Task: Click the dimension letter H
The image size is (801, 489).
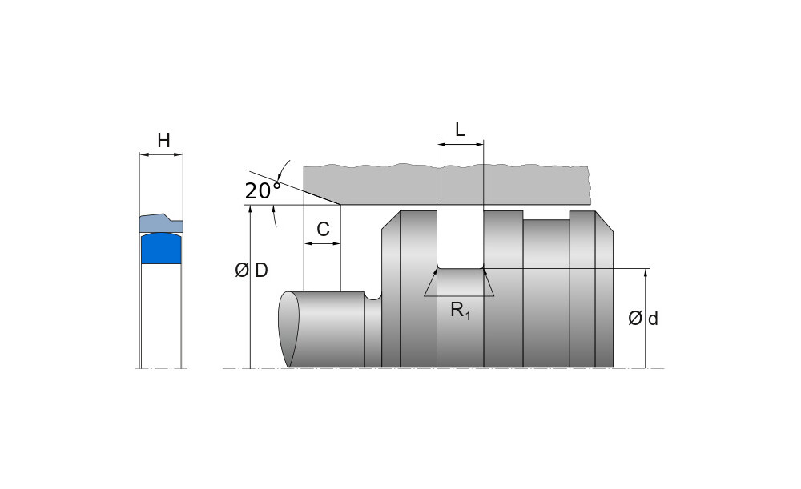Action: [163, 141]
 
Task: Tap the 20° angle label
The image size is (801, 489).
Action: [262, 190]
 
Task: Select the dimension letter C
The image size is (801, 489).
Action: [323, 230]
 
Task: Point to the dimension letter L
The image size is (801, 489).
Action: [460, 130]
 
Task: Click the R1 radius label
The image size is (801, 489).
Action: [461, 311]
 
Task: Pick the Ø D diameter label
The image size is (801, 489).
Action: [252, 271]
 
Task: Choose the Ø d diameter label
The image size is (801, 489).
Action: [643, 319]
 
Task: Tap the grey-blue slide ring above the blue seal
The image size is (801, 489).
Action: [162, 222]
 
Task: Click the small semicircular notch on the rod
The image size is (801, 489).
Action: [372, 296]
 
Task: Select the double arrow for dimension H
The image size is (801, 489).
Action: [162, 154]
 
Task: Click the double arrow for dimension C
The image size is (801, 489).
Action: [322, 243]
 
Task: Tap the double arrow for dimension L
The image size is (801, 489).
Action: [461, 145]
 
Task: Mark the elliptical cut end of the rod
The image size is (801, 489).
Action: [288, 329]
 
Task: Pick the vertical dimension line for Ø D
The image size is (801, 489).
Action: [251, 320]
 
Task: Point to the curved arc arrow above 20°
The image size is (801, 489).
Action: [281, 170]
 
